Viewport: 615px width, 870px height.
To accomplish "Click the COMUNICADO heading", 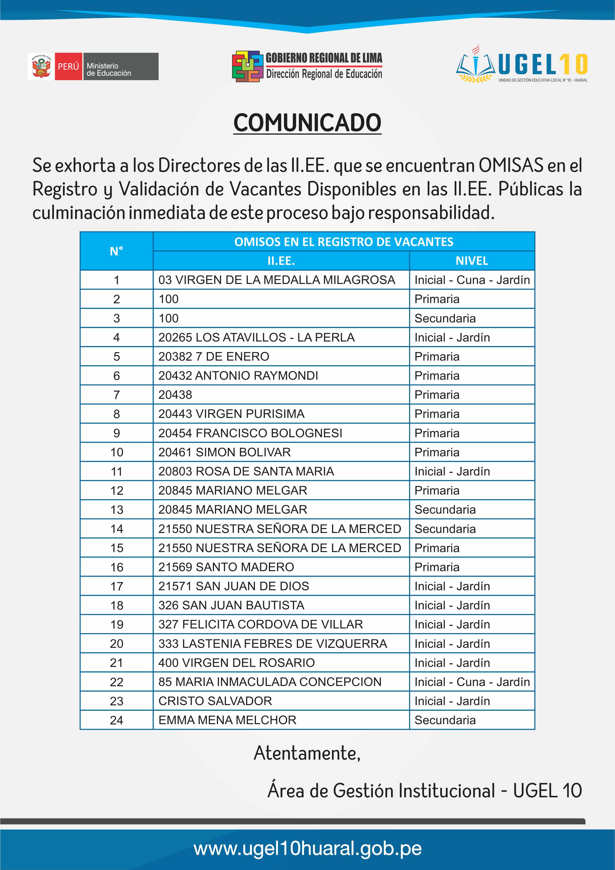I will (307, 123).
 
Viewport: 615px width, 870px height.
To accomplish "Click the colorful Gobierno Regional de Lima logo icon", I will (247, 66).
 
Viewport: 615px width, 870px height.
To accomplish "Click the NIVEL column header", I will (472, 261).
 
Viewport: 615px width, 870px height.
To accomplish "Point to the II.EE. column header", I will (281, 261).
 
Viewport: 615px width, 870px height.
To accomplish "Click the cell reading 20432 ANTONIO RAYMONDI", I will (238, 375).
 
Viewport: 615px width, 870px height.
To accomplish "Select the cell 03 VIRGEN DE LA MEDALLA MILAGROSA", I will (277, 280).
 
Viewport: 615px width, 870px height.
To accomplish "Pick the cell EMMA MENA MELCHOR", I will (227, 720).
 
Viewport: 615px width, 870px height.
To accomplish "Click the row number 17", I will (117, 586).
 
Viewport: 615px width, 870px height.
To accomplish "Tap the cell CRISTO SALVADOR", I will (215, 701).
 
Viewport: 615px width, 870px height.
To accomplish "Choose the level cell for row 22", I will (472, 682).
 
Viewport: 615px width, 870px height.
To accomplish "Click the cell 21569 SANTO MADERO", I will (226, 567).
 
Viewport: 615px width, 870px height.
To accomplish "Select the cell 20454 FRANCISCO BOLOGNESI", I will (250, 433).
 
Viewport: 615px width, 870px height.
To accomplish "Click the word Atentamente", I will (307, 753).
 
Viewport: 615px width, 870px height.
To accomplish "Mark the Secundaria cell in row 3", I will (445, 318).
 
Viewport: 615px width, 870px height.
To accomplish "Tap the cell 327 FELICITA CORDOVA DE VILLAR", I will (260, 624).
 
